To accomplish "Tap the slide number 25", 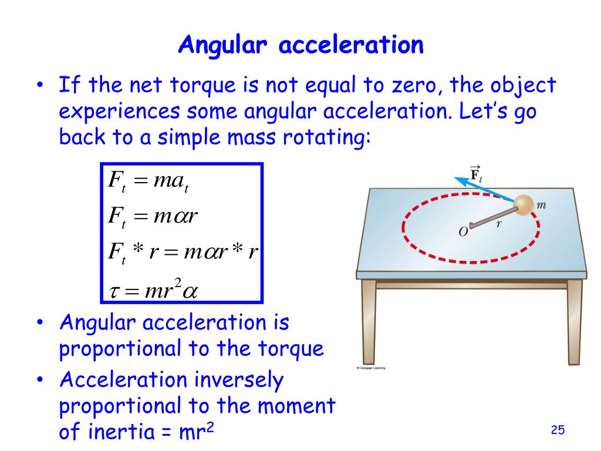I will [558, 430].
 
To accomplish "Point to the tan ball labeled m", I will [524, 205].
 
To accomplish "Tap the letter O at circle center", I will [462, 232].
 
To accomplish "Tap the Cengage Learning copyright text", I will [376, 368].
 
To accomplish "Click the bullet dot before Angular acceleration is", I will [39, 324].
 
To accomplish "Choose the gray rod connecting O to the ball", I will [494, 215].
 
